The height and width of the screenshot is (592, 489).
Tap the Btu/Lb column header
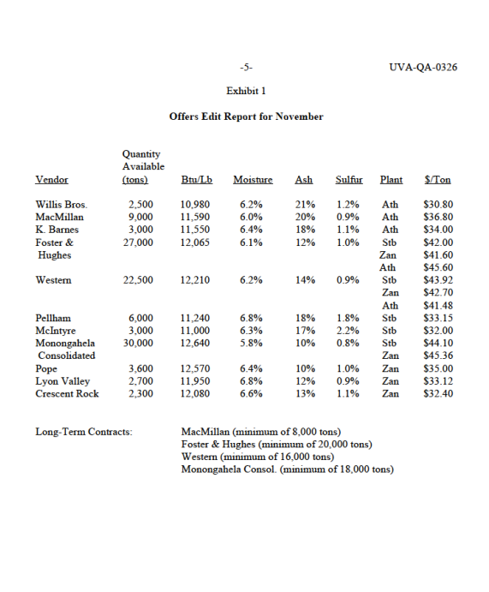click(x=197, y=180)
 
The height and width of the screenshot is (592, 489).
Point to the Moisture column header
click(x=253, y=180)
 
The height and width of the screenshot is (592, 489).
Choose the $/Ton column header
click(x=438, y=180)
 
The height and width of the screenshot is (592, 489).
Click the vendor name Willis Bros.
click(x=62, y=206)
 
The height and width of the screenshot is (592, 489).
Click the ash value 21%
click(x=305, y=206)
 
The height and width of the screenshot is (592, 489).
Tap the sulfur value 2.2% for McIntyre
click(x=348, y=331)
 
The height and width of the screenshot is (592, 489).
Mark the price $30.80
click(x=438, y=206)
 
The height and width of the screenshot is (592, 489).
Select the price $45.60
click(x=438, y=268)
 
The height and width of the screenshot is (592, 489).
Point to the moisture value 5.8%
click(x=251, y=344)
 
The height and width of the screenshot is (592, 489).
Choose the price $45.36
click(x=438, y=356)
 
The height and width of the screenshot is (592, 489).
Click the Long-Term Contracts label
click(x=84, y=432)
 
